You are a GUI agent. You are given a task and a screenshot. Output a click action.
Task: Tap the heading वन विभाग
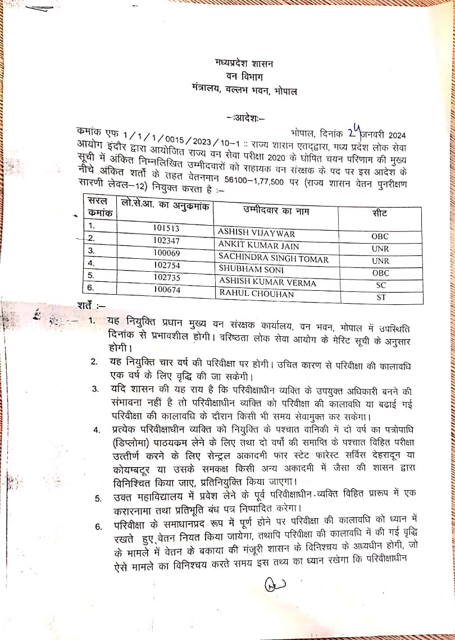tap(243, 76)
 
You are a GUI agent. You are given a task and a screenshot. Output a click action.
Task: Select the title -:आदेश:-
tap(245, 118)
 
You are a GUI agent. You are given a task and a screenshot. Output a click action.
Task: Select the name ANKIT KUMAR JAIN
tap(259, 245)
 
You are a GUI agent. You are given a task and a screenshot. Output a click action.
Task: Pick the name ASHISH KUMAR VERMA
tap(268, 282)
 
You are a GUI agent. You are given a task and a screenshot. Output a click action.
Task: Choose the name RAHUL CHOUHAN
tap(249, 293)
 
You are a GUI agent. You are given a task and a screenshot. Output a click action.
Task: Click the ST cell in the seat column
tap(381, 298)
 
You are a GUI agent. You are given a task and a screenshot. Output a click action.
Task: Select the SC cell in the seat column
tap(381, 285)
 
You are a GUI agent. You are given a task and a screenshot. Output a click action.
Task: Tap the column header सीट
tap(380, 213)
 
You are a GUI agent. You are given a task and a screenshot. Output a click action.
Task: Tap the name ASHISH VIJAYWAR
tap(256, 233)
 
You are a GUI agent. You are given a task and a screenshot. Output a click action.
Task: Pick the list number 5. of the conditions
tap(98, 498)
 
